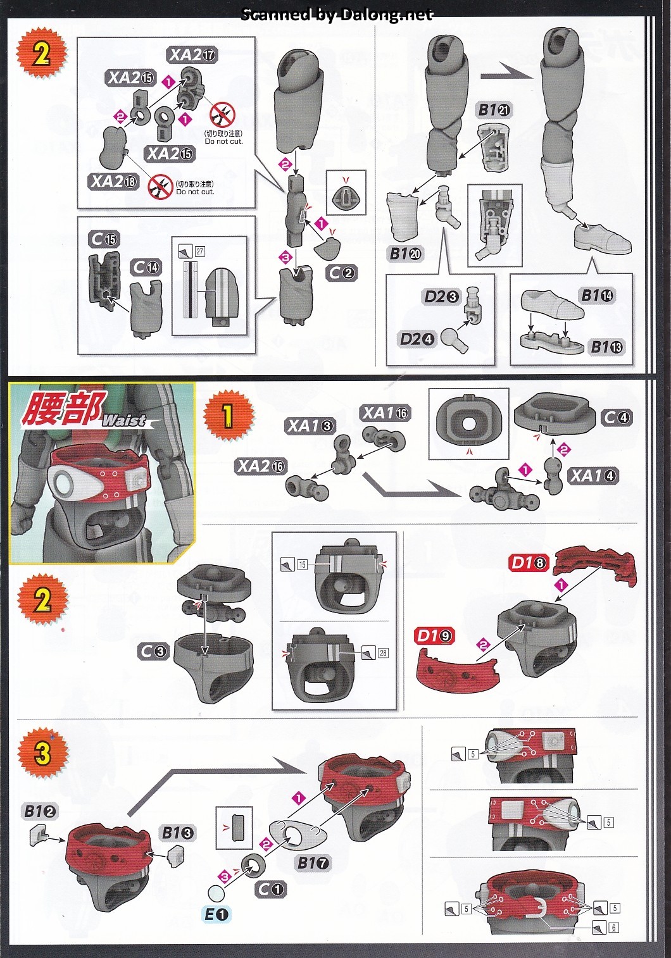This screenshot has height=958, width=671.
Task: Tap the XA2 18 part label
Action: point(114,182)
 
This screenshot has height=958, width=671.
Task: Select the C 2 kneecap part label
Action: point(341,273)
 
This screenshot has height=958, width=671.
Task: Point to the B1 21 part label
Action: point(494,109)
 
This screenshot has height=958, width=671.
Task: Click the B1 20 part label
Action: point(406,254)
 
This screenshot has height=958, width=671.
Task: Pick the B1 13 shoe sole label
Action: point(606,347)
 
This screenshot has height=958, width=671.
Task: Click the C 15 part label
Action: point(104,239)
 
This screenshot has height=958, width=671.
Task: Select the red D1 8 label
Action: point(529,562)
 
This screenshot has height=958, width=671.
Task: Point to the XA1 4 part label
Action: point(593,476)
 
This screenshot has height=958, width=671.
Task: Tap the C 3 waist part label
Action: point(153,651)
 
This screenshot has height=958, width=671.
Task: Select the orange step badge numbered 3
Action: point(42,752)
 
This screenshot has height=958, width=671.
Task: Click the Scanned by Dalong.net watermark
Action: point(336,14)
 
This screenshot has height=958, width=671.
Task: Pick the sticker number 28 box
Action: point(383,653)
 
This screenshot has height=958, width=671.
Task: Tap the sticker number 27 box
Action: point(199,251)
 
